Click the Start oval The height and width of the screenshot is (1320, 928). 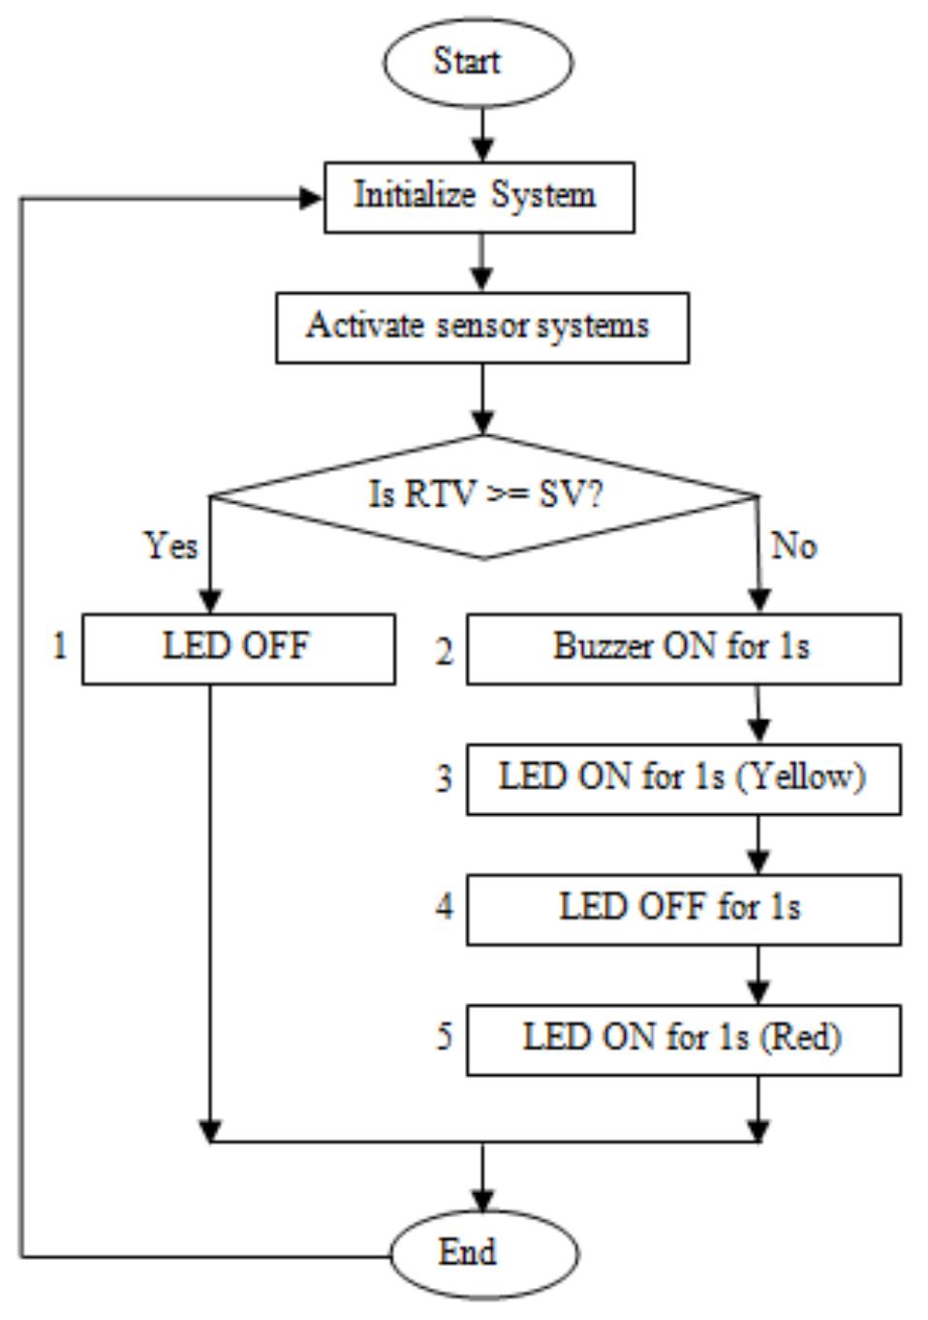click(x=478, y=61)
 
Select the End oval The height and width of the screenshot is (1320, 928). click(x=484, y=1252)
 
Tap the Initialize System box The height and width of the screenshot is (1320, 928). click(x=479, y=197)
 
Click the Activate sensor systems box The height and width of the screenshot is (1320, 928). click(x=481, y=328)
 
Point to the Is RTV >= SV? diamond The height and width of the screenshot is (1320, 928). click(x=483, y=496)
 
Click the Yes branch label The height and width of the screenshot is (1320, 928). click(x=171, y=546)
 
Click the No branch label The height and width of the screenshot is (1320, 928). click(x=793, y=547)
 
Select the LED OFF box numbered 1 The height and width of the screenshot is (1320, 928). click(x=238, y=648)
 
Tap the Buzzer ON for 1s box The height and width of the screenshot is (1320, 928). click(x=683, y=648)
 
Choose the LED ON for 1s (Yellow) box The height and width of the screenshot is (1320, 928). click(x=683, y=778)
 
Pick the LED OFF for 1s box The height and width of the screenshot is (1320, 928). click(x=683, y=909)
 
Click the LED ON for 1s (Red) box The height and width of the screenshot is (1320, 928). click(x=683, y=1039)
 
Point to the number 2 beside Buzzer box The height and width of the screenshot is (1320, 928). click(x=444, y=652)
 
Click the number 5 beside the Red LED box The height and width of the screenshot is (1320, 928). click(x=444, y=1036)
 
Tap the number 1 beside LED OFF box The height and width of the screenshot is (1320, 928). click(x=60, y=645)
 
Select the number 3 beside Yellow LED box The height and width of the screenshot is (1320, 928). click(x=444, y=778)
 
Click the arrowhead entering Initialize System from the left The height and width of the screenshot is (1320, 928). click(x=312, y=199)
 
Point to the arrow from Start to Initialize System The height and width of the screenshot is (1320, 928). click(x=481, y=136)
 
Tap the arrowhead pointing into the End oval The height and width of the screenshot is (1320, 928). click(x=481, y=1200)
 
